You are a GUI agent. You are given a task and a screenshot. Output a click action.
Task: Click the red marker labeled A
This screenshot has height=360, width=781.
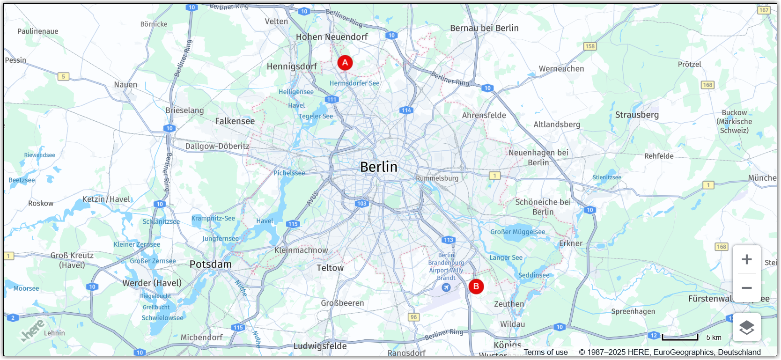point(345,63)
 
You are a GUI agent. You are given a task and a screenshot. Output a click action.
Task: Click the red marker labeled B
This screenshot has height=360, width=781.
point(476,287)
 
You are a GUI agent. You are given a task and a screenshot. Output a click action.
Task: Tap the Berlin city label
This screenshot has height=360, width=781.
point(378,167)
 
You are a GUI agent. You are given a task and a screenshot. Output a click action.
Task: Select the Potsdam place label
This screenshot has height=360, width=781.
point(210,264)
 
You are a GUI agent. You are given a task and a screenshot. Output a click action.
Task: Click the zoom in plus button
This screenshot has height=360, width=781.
point(747,259)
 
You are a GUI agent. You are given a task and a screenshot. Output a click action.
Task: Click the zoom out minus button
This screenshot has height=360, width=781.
point(747,288)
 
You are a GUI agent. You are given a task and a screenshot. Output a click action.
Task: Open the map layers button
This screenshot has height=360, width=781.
point(747,328)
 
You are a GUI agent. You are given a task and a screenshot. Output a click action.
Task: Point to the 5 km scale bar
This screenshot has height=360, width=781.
point(679,338)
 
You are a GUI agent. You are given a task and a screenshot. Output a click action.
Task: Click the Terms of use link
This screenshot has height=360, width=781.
point(545,353)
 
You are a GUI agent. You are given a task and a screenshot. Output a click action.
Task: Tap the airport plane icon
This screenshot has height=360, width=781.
point(446,287)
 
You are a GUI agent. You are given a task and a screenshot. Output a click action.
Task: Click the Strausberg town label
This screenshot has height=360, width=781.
point(637,115)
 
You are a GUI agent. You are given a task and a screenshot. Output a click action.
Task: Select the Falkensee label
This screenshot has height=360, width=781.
point(235,121)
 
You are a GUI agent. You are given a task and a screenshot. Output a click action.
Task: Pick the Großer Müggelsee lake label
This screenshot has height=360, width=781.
point(517,232)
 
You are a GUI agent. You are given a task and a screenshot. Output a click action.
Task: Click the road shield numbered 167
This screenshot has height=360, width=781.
point(764,10)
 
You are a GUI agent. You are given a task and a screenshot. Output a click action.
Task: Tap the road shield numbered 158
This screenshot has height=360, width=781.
point(590,46)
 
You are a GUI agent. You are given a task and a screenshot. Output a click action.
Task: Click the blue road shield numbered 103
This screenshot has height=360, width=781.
point(361,204)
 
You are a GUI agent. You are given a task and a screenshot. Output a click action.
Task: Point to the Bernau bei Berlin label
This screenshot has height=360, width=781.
point(484,28)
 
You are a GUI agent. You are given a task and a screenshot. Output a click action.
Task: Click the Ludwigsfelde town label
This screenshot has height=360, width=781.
point(320,346)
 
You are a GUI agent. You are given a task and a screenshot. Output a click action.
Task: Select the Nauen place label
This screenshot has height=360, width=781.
point(125,85)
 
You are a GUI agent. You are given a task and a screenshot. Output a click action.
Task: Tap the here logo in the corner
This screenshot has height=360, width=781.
point(33,330)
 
